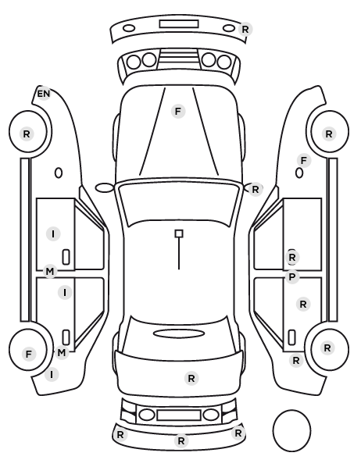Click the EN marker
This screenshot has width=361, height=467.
[x=44, y=94]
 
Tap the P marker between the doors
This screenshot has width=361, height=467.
[x=292, y=277]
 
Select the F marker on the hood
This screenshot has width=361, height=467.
[x=178, y=112]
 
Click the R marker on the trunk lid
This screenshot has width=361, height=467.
[x=191, y=379]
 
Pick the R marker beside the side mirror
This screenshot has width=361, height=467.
[x=256, y=190]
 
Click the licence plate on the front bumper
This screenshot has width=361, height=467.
[x=179, y=24]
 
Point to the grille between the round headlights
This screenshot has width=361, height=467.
[x=179, y=59]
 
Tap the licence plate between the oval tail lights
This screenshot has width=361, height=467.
[x=179, y=415]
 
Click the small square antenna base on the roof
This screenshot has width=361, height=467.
[x=179, y=233]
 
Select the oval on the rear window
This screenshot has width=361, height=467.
[x=179, y=333]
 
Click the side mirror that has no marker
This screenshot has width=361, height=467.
[x=105, y=188]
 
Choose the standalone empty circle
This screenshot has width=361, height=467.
[x=291, y=430]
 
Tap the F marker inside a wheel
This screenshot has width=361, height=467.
[x=29, y=355]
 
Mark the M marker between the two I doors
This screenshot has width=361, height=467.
[x=50, y=272]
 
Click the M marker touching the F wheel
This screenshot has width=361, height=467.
[x=62, y=353]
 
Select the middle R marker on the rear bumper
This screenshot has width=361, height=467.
[x=181, y=440]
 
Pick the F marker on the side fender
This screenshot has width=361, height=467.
[x=304, y=161]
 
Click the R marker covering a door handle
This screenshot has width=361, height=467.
[x=292, y=258]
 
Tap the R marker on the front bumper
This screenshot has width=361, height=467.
[x=245, y=30]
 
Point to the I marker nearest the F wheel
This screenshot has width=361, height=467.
[x=52, y=374]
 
